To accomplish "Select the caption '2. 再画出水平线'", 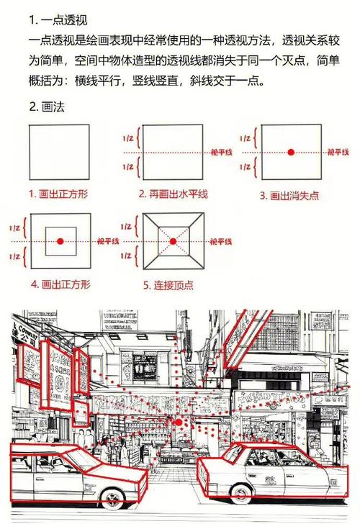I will [174, 194].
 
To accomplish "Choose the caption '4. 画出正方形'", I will [60, 284].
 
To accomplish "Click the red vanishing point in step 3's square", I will [291, 153].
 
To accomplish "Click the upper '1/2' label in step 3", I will [245, 137].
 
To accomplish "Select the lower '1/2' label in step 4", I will [14, 256].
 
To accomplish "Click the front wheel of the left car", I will [111, 500].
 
